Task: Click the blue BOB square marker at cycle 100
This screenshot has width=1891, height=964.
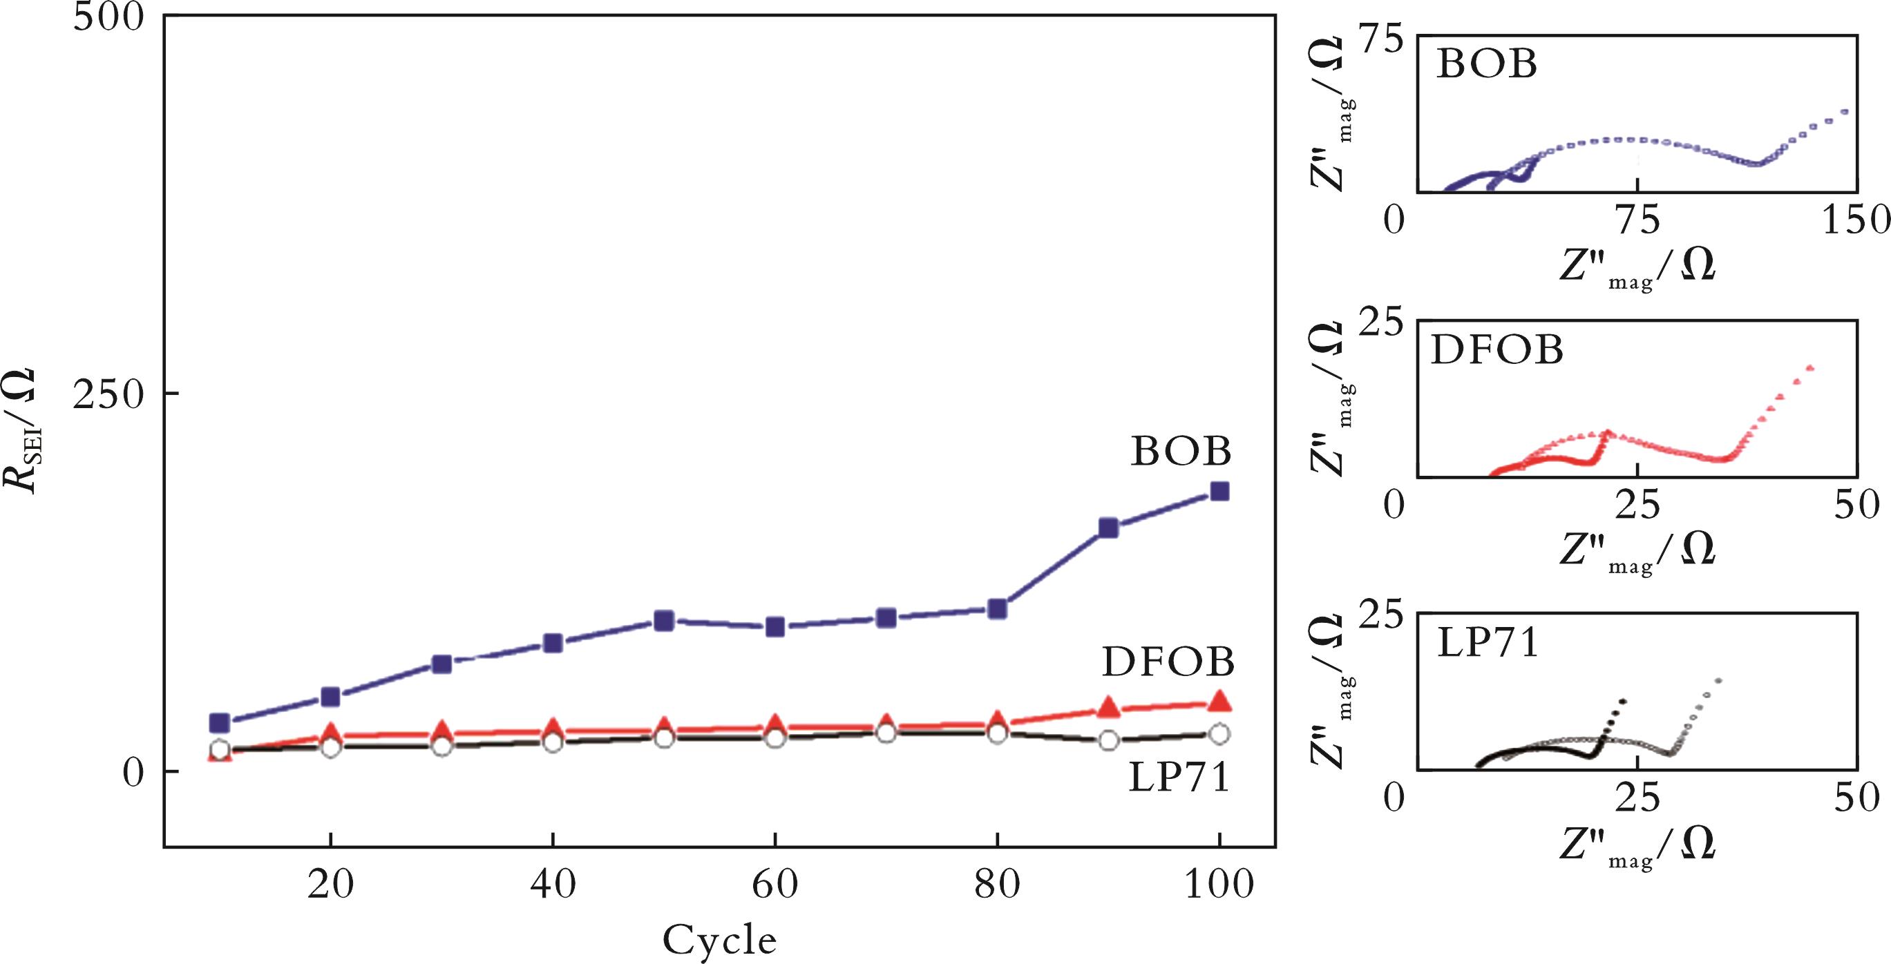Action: point(1219,491)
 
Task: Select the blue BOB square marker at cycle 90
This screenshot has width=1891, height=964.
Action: point(1108,528)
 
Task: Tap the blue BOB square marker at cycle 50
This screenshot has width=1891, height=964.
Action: point(663,621)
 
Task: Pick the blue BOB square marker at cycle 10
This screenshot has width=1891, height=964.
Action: point(220,722)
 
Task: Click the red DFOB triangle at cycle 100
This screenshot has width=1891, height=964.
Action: point(1219,702)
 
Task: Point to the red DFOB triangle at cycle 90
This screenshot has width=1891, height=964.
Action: point(1108,707)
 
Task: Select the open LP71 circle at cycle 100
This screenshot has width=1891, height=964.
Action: point(1219,733)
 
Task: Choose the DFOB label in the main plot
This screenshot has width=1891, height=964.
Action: point(1168,662)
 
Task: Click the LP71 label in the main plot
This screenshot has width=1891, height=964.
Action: point(1178,778)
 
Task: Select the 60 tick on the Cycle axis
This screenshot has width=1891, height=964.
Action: point(775,886)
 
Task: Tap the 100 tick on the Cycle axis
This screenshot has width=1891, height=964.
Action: point(1219,886)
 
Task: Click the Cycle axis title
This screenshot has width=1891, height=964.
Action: point(719,940)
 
